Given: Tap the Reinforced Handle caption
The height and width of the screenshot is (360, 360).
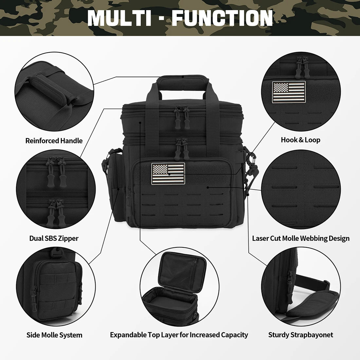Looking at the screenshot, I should click(x=54, y=141).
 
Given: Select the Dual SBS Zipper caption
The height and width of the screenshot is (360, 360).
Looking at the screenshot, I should click(x=54, y=238).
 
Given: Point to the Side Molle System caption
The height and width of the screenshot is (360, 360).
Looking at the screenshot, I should click(x=54, y=335).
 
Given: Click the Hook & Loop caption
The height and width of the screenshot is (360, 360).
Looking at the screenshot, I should click(x=300, y=140).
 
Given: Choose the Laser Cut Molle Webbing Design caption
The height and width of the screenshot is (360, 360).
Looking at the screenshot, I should click(x=300, y=238).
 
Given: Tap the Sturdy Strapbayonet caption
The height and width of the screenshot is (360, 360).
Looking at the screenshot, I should click(x=300, y=335).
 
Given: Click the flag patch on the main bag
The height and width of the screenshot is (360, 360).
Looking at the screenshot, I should click(x=168, y=173).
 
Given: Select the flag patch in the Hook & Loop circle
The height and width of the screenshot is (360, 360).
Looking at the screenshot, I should click(x=289, y=92).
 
